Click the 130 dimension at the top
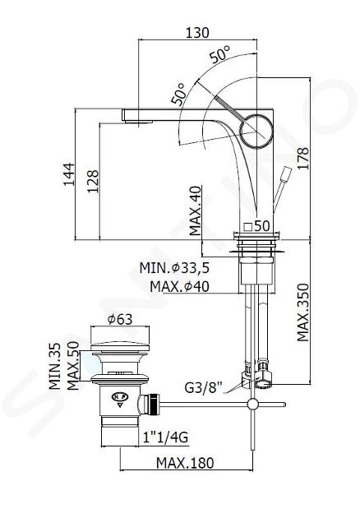click(x=197, y=33)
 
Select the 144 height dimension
click(x=69, y=174)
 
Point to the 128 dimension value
click(x=93, y=182)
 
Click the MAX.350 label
click(x=302, y=312)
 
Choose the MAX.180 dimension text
click(x=185, y=463)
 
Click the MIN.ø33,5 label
click(x=174, y=267)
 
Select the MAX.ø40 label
click(x=179, y=286)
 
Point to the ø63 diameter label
click(x=120, y=319)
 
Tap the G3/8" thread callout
click(x=204, y=387)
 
